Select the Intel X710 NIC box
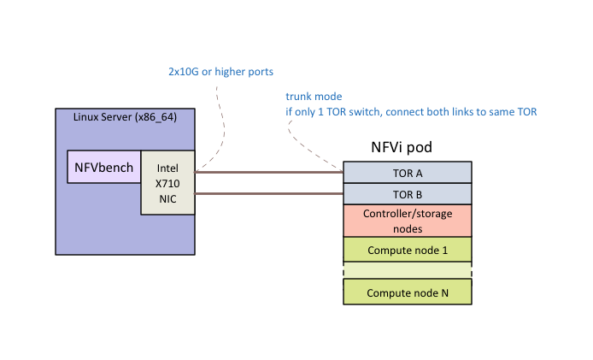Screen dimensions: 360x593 pyautogui.click(x=167, y=182)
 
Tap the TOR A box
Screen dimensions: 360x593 pyautogui.click(x=408, y=173)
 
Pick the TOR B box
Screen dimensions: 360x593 pyautogui.click(x=408, y=194)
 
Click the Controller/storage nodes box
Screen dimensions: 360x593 pyautogui.click(x=408, y=220)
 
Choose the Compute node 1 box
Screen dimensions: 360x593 pyautogui.click(x=408, y=250)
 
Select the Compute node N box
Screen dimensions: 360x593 pyautogui.click(x=408, y=292)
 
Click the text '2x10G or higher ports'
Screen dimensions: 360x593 pyautogui.click(x=220, y=71)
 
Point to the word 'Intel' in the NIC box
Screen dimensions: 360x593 pyautogui.click(x=167, y=168)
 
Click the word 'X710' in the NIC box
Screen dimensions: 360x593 pyautogui.click(x=167, y=183)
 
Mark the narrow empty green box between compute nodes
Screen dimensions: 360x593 pyautogui.click(x=408, y=270)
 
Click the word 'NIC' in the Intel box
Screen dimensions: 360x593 pyautogui.click(x=167, y=198)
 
